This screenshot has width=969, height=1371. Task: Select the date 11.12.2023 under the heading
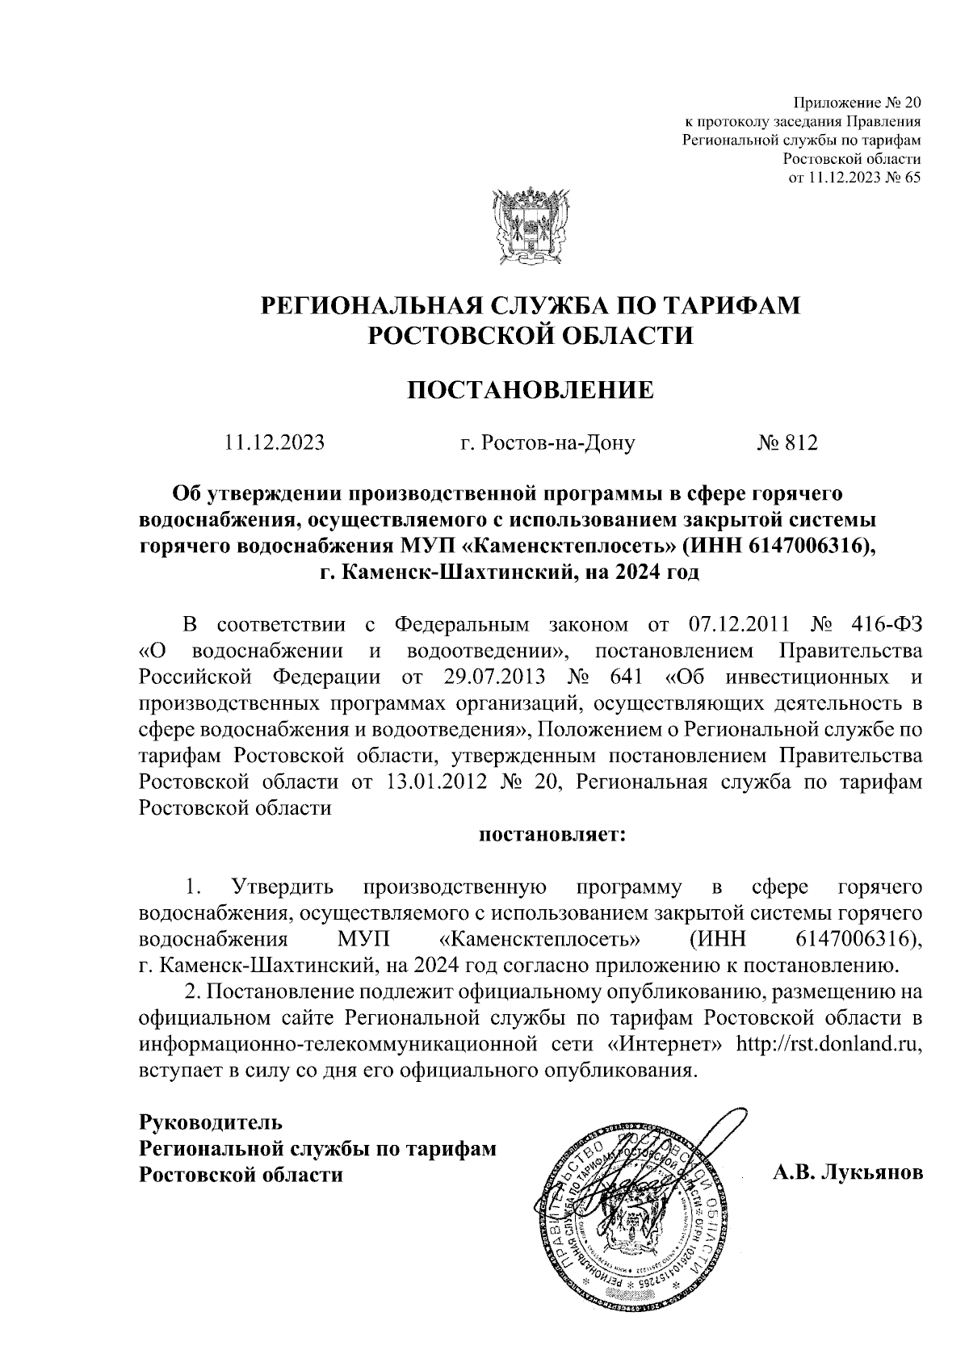click(275, 442)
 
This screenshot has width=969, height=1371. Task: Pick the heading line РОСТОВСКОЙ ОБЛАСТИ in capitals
click(530, 333)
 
